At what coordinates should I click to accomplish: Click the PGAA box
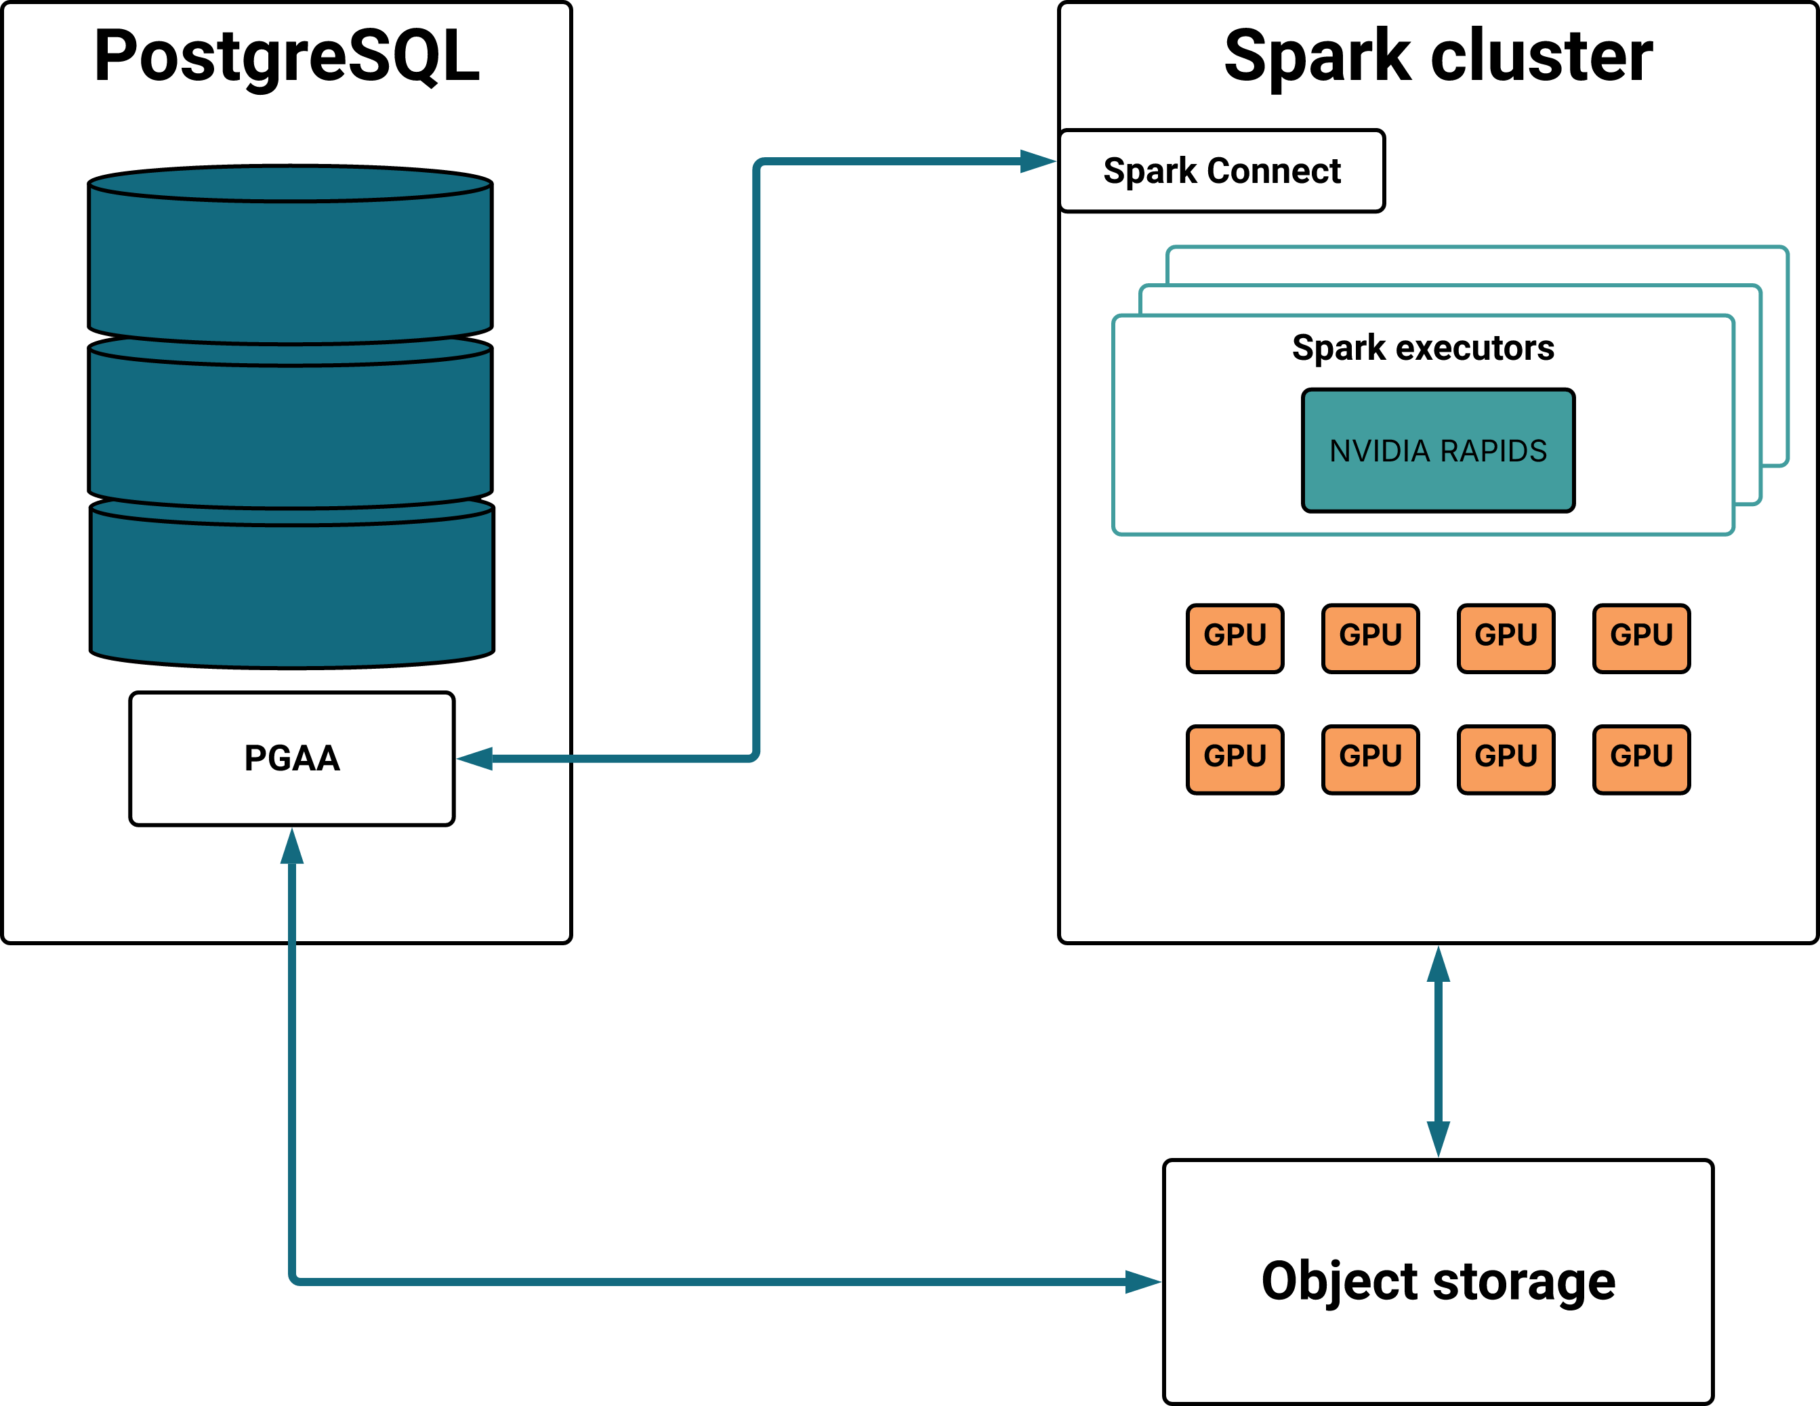pyautogui.click(x=291, y=758)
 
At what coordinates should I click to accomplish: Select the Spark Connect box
pyautogui.click(x=1222, y=171)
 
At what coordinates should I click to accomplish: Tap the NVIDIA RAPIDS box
pyautogui.click(x=1439, y=450)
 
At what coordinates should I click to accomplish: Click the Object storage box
pyautogui.click(x=1439, y=1282)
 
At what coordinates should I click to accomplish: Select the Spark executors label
pyautogui.click(x=1424, y=348)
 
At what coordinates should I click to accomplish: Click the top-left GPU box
pyautogui.click(x=1235, y=638)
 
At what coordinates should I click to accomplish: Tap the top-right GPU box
pyautogui.click(x=1642, y=638)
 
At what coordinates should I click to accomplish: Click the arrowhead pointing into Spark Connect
pyautogui.click(x=1038, y=161)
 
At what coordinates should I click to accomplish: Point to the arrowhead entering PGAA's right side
pyautogui.click(x=475, y=758)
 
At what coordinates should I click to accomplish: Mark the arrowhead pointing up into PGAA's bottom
pyautogui.click(x=291, y=846)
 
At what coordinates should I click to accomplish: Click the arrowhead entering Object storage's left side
pyautogui.click(x=1143, y=1282)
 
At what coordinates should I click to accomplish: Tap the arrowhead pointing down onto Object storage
pyautogui.click(x=1439, y=1139)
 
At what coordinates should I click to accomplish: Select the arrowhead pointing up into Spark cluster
pyautogui.click(x=1439, y=964)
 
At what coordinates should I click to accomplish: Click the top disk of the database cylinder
pyautogui.click(x=290, y=254)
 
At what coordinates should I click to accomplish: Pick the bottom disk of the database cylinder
pyautogui.click(x=291, y=583)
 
